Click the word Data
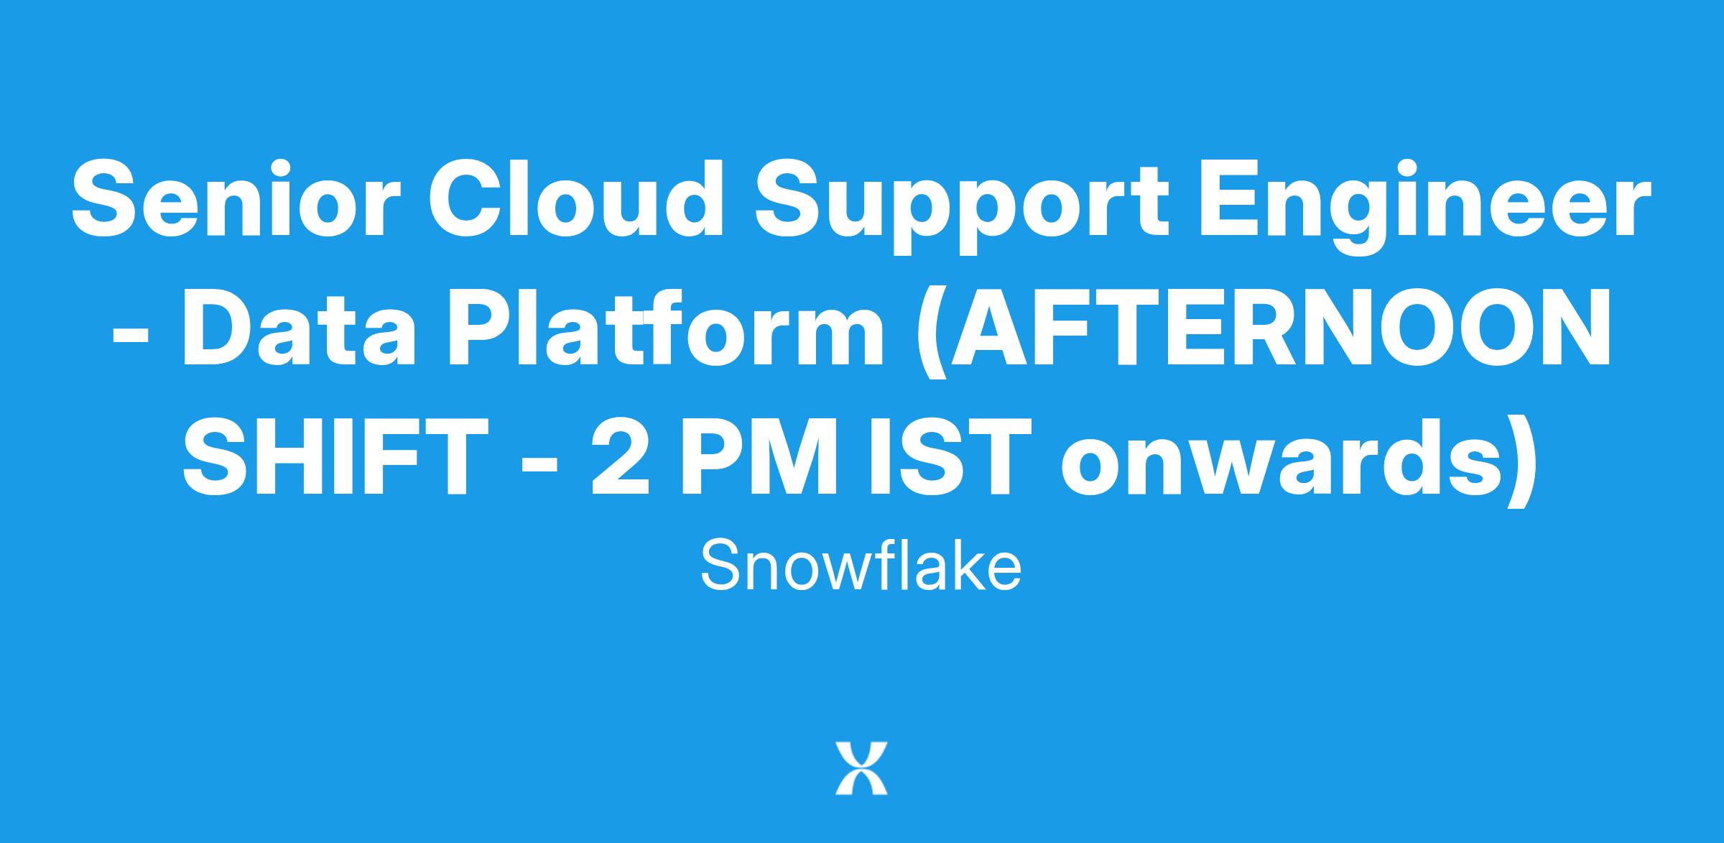click(299, 328)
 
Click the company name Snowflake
click(861, 566)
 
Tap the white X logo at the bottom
click(861, 768)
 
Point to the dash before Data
click(131, 336)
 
